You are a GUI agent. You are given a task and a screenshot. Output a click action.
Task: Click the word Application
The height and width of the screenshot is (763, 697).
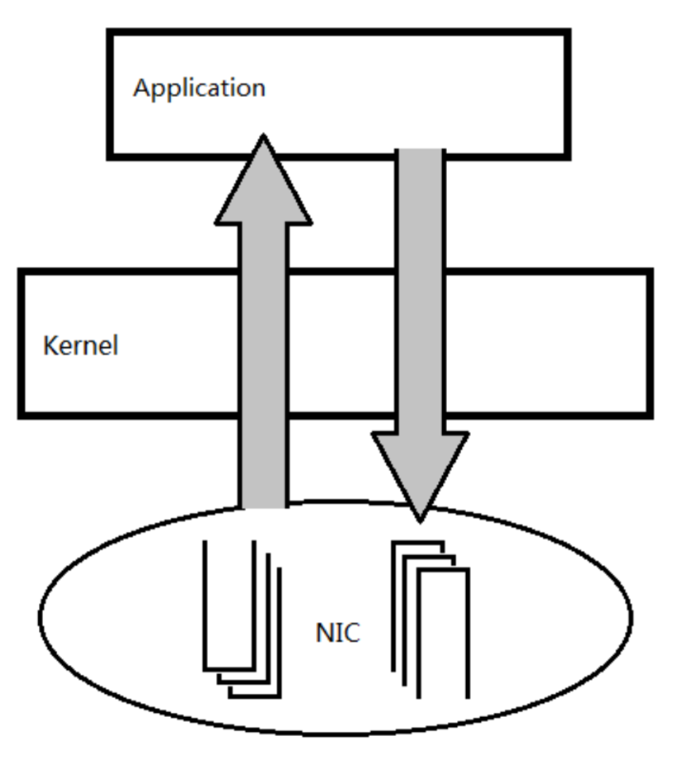tap(198, 87)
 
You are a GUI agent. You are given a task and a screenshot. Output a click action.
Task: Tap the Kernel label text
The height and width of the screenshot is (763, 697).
tap(80, 346)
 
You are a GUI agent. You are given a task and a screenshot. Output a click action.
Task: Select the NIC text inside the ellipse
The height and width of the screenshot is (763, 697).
tap(337, 633)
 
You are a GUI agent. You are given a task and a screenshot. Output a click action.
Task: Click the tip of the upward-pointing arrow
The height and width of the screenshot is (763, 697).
tap(263, 137)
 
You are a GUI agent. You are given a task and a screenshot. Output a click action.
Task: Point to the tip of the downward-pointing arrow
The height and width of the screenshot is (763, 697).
tap(420, 520)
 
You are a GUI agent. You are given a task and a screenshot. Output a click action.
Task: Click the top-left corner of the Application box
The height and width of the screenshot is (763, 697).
tap(110, 33)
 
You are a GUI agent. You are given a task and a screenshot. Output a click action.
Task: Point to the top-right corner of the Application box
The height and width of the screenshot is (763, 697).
tap(568, 33)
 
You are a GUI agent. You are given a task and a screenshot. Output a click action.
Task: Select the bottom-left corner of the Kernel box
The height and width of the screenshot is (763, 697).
tap(21, 414)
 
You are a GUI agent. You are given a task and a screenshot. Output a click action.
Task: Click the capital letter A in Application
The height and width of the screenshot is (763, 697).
tap(141, 87)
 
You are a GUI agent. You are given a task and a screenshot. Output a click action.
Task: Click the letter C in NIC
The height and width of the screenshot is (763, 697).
tap(351, 633)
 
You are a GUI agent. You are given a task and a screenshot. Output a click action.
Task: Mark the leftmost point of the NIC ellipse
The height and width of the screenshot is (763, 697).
tap(39, 616)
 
